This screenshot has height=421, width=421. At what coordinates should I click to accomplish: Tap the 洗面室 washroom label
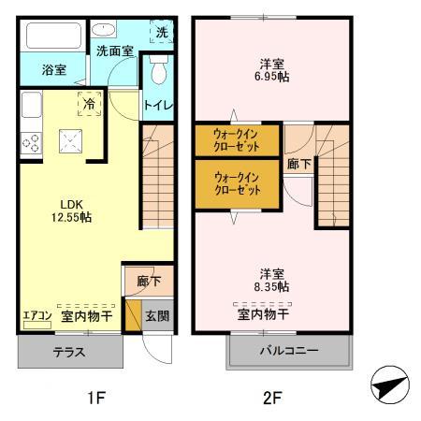(x=114, y=52)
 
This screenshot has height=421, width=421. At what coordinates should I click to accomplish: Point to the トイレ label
(x=157, y=106)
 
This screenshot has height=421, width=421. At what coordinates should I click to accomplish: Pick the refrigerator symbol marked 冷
(x=90, y=104)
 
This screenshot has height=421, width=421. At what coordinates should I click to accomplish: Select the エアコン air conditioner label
(x=36, y=316)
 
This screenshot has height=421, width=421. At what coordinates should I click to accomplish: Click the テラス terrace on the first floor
(x=69, y=353)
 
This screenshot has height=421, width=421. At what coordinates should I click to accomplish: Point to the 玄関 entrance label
(x=156, y=316)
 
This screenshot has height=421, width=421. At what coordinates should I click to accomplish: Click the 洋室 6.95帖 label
(x=273, y=71)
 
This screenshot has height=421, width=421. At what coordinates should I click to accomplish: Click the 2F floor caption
(x=270, y=398)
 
